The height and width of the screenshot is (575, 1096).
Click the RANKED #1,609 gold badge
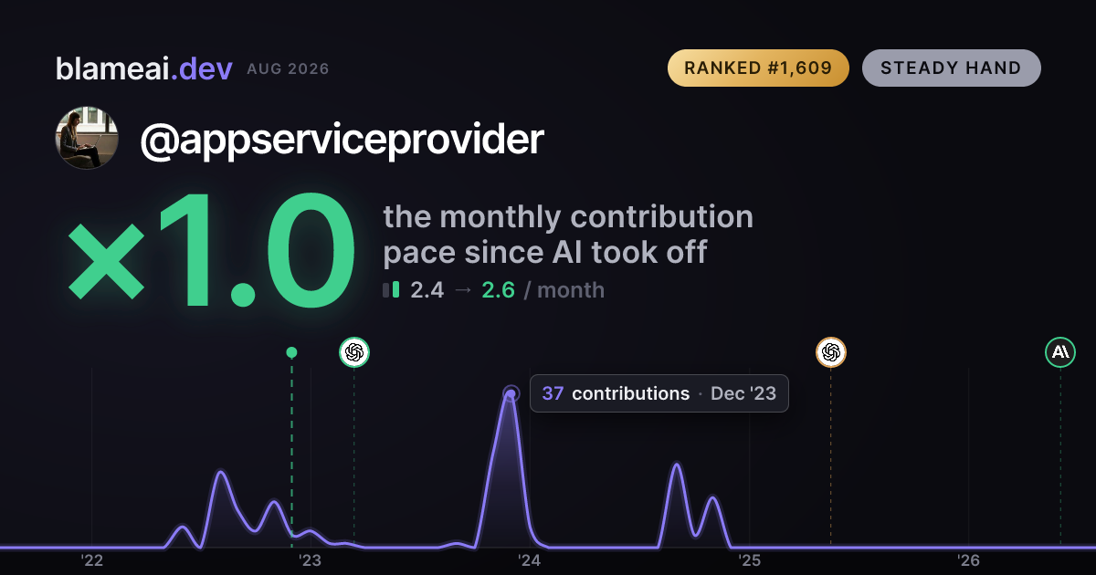758,68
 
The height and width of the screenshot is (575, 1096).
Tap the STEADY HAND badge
951,68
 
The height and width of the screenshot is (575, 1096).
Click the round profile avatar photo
87,138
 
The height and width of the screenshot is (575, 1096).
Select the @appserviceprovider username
342,140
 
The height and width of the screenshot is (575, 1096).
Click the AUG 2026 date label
288,69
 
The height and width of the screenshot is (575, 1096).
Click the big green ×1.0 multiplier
211,249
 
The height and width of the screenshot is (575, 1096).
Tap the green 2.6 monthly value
498,290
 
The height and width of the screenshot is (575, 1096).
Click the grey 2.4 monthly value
427,290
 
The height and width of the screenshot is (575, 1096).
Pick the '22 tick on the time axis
91,560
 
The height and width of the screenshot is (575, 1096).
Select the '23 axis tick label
311,560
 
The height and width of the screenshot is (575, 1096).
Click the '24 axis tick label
530,560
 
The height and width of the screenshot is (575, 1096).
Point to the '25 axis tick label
749,560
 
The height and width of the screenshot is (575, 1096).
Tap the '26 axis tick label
968,560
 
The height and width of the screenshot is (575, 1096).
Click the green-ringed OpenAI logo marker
354,352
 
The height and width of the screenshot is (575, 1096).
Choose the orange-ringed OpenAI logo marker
831,352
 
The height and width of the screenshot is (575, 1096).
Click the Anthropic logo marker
1060,352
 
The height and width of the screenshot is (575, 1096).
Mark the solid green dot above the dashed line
291,352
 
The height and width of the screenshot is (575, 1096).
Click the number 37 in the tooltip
553,393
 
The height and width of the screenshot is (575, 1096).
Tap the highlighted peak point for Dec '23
511,393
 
